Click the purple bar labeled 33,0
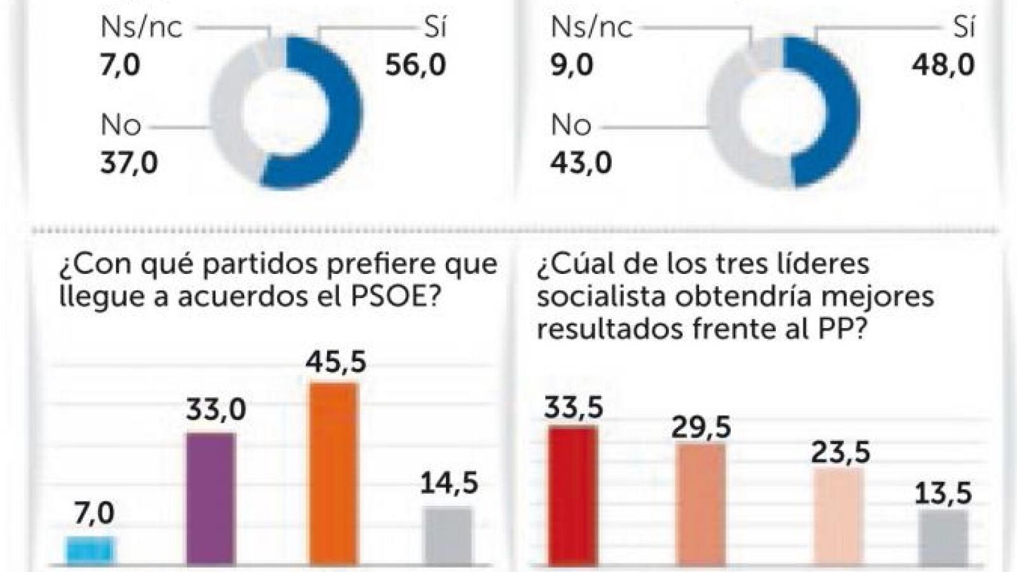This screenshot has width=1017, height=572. pyautogui.click(x=211, y=499)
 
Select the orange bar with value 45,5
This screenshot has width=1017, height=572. pyautogui.click(x=333, y=473)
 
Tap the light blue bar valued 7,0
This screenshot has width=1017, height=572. pyautogui.click(x=90, y=550)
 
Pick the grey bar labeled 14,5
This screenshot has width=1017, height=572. pyautogui.click(x=448, y=536)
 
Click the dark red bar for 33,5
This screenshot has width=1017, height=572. pyautogui.click(x=572, y=496)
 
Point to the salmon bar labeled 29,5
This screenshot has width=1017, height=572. pyautogui.click(x=700, y=504)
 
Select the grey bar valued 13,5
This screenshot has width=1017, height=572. pyautogui.click(x=943, y=538)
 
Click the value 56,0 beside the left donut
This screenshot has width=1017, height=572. pyautogui.click(x=415, y=65)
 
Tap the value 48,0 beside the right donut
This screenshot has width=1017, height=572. pyautogui.click(x=943, y=65)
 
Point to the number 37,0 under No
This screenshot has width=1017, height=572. pyautogui.click(x=129, y=163)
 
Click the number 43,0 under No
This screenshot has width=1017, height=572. pyautogui.click(x=581, y=163)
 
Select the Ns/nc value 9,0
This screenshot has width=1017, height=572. pyautogui.click(x=572, y=65)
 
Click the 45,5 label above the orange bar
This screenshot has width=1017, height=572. pyautogui.click(x=335, y=362)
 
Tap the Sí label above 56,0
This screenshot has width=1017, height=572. pyautogui.click(x=435, y=28)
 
